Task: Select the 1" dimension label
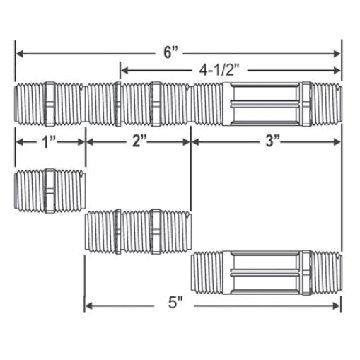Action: pyautogui.click(x=49, y=141)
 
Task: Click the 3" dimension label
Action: pyautogui.click(x=270, y=141)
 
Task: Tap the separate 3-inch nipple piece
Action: pyautogui.click(x=266, y=272)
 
